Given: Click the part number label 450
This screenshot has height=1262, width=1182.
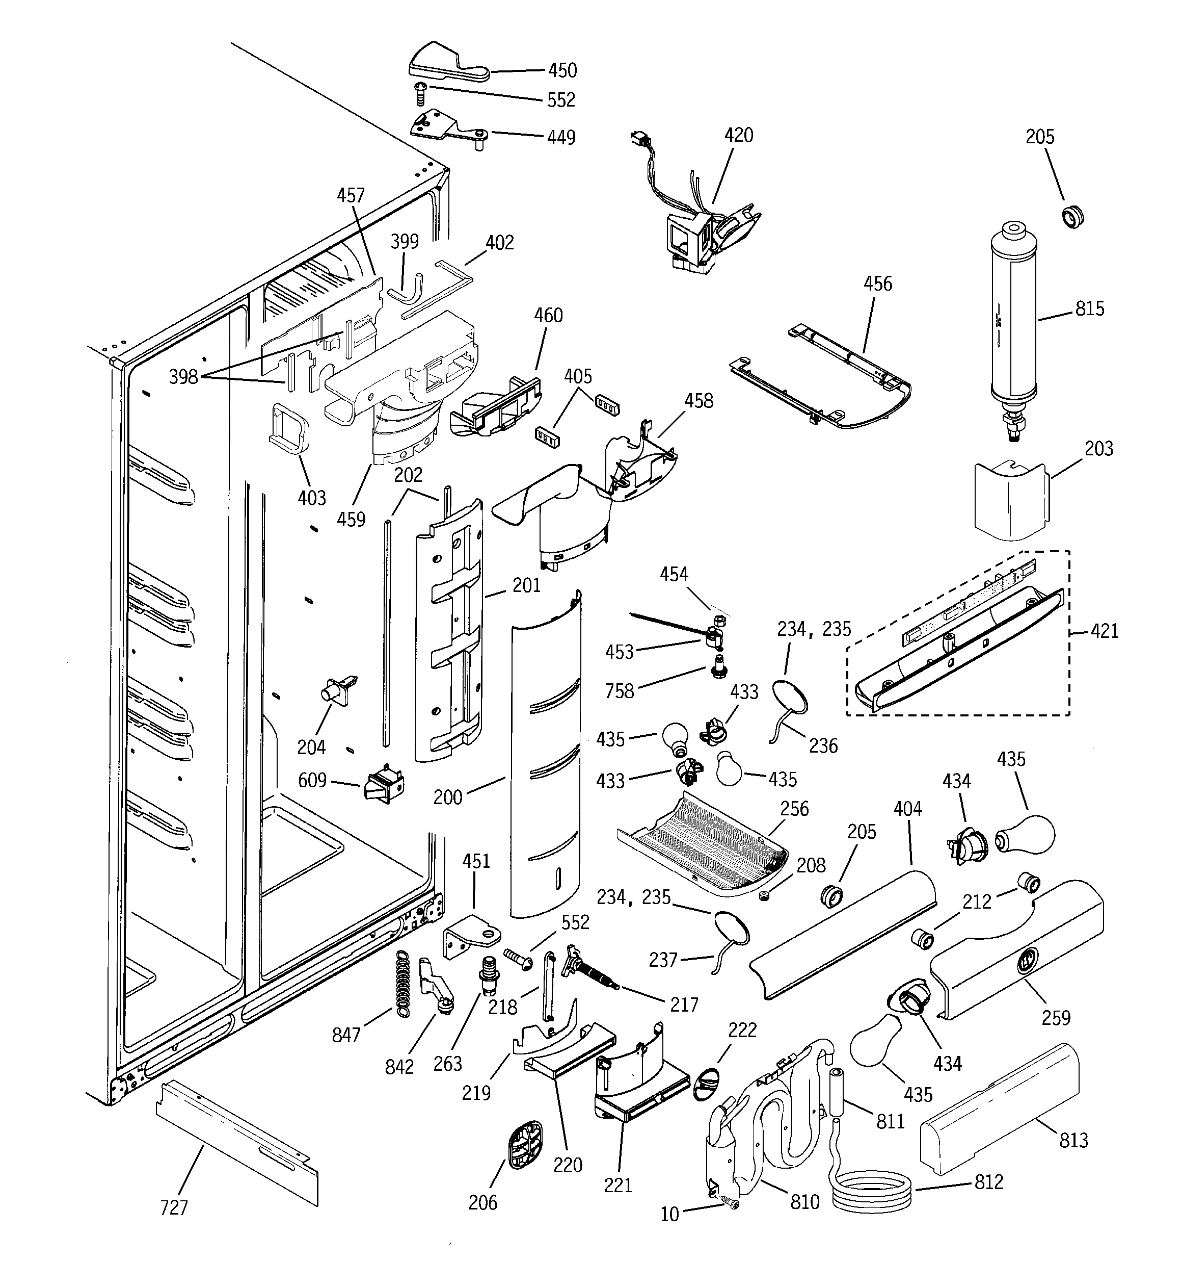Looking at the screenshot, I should [x=562, y=70].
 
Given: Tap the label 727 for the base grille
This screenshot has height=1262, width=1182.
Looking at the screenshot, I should [x=174, y=1207].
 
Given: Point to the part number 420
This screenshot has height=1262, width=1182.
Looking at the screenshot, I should [x=739, y=135].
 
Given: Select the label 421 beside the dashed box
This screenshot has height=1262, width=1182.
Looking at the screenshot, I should [x=1105, y=631].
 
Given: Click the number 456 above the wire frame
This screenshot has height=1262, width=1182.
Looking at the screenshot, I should [x=877, y=284].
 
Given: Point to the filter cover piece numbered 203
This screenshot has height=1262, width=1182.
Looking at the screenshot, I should [x=1011, y=502].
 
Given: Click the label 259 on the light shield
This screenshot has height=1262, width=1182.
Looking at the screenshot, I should [x=1056, y=1018].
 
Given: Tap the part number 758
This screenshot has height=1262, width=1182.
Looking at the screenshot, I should [x=619, y=691].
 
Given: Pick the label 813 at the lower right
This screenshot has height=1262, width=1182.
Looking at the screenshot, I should [x=1073, y=1140].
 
